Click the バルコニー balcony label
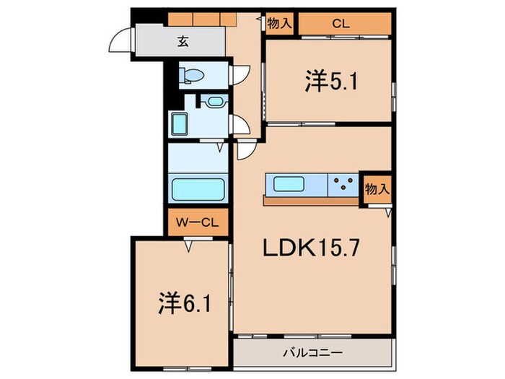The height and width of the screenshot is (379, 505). (x=312, y=353)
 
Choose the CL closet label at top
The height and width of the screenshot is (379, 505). (x=341, y=24)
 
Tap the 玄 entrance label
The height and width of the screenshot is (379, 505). (x=184, y=42)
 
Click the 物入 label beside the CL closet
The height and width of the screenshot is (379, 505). (x=278, y=24)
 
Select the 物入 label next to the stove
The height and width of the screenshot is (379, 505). (x=377, y=189)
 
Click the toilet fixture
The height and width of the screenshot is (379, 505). (x=193, y=74)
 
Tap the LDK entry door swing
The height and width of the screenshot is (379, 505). (x=246, y=150)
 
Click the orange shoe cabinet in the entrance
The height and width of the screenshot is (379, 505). (x=202, y=17)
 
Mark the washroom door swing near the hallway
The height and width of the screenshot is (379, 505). (x=241, y=124)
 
